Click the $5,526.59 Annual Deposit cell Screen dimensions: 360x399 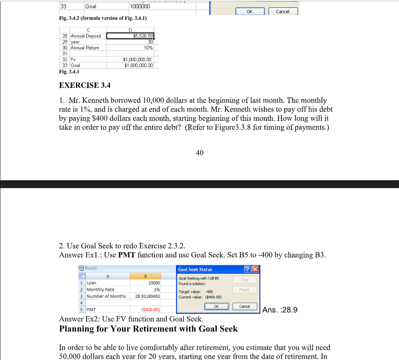131,36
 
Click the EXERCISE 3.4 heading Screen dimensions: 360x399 85,86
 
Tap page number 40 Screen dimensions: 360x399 199,153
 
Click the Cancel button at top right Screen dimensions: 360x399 283,11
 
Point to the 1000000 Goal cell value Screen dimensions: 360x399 140,6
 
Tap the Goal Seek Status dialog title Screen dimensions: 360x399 195,269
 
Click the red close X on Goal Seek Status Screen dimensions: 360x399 255,269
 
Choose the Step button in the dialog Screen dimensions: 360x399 244,280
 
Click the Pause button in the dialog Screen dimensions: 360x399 244,289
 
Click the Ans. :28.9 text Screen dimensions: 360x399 280,310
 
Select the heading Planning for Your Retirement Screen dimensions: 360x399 149,329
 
